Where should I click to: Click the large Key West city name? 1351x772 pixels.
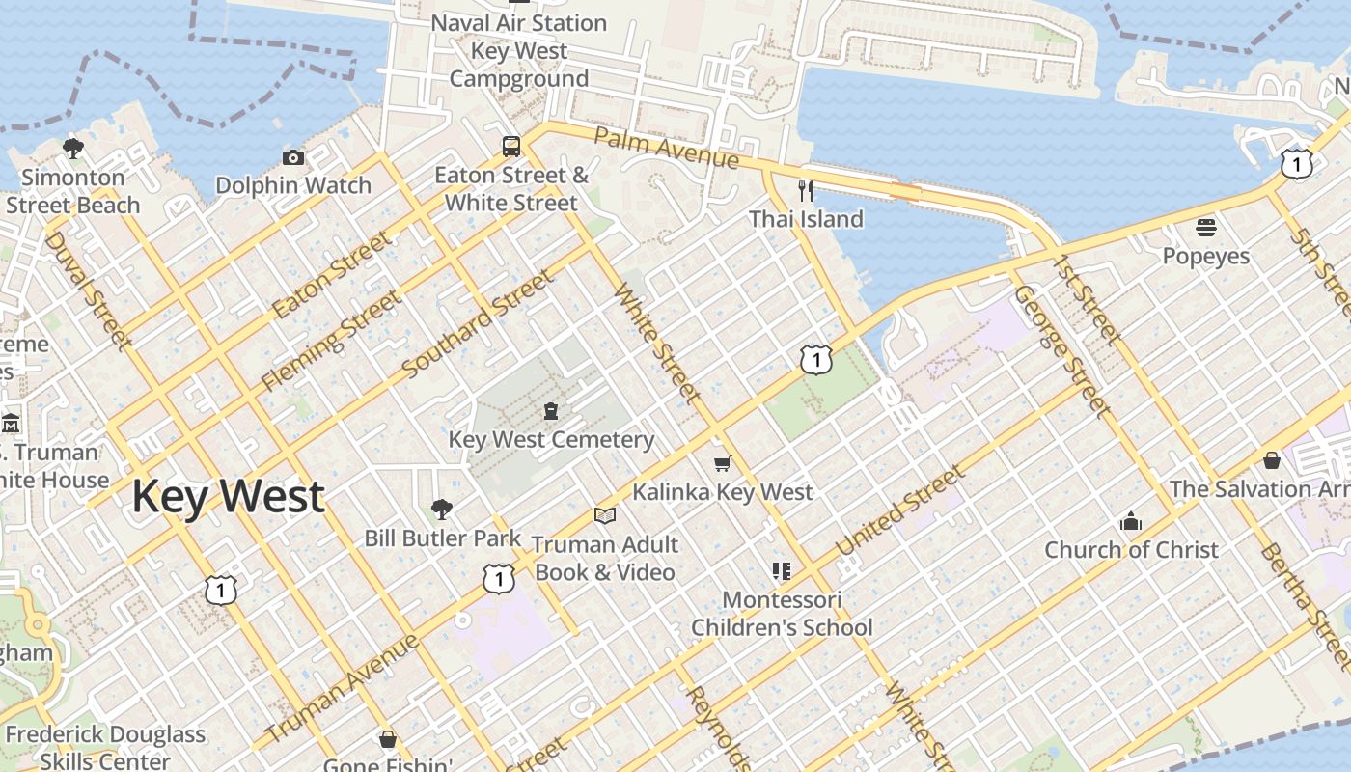pos(228,496)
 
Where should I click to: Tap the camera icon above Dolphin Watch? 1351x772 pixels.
pos(293,157)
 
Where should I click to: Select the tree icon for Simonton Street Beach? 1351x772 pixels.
pos(72,149)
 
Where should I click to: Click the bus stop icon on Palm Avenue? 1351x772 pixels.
pos(511,147)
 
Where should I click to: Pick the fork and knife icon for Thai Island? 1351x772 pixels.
pos(806,190)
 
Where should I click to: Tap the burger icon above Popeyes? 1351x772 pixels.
pos(1205,228)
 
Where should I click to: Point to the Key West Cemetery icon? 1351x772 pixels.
pos(551,411)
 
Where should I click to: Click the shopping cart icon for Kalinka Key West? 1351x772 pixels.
pos(722,464)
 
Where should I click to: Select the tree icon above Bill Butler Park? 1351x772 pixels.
pos(442,509)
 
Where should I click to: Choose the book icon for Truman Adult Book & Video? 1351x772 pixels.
pos(605,516)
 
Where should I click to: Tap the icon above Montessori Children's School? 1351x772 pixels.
pos(782,571)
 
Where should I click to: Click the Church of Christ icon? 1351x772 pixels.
pos(1131,522)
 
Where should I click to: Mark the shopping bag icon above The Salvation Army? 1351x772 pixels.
pos(1272,460)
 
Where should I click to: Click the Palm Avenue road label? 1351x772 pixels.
pos(666,148)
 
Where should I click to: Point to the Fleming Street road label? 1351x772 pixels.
pos(332,341)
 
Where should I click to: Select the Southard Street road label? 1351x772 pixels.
pos(478,324)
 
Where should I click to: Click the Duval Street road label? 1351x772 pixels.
pos(88,289)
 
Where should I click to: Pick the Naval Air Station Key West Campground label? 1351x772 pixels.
pos(518,50)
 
